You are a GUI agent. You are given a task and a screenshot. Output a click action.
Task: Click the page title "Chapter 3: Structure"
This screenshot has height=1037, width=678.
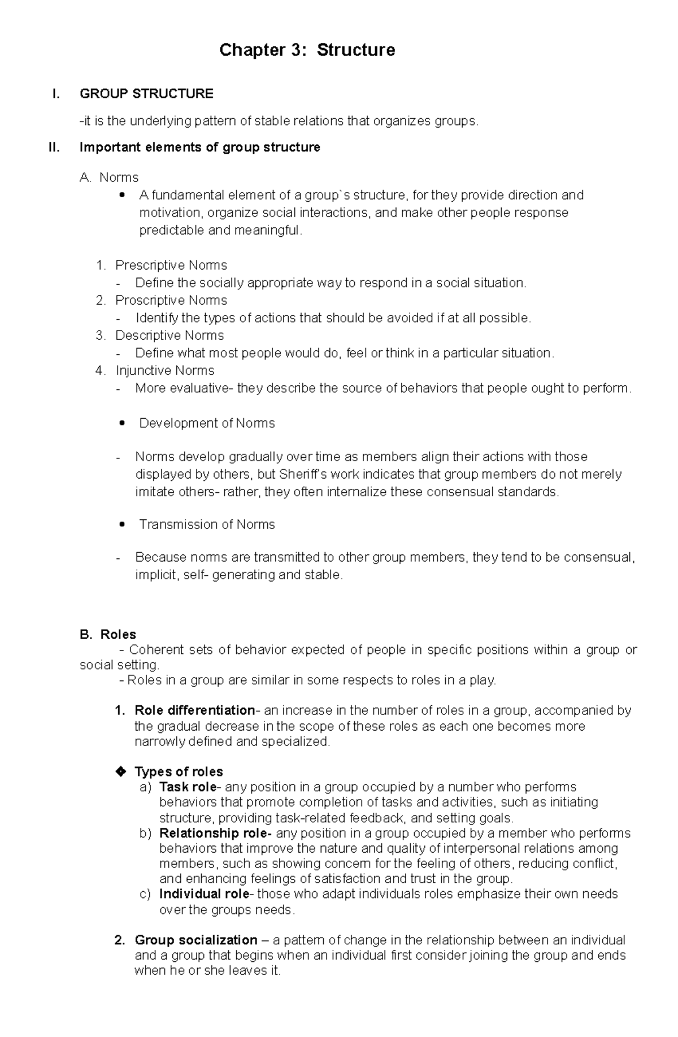point(307,50)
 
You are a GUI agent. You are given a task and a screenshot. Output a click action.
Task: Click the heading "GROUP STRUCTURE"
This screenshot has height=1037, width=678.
point(146,94)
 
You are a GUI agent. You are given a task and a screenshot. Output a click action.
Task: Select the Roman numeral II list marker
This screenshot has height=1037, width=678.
point(54,147)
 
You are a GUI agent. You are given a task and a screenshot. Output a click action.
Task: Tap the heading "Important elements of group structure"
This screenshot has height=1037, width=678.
point(200,147)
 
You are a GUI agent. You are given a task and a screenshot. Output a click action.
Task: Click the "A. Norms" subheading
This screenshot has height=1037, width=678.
point(110,177)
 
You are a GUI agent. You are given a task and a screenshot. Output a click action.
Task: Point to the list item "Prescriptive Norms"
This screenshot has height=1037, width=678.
point(171,265)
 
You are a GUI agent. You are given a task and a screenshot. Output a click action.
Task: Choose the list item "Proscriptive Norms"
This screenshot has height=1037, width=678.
point(171,300)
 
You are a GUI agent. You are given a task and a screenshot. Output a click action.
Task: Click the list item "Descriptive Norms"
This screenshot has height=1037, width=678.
point(169,335)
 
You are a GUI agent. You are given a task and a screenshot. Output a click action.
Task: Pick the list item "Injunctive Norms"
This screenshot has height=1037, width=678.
point(164,370)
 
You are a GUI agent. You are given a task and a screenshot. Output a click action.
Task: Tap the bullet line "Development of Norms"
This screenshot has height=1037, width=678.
point(207,423)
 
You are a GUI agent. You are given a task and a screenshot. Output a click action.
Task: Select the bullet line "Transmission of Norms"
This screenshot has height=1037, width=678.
point(207,524)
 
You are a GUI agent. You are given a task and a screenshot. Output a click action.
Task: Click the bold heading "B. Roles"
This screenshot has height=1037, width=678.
point(108,635)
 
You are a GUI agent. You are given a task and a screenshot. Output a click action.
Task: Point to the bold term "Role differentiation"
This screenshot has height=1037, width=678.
point(195,710)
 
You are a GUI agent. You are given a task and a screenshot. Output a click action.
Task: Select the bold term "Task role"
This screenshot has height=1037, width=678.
point(188,787)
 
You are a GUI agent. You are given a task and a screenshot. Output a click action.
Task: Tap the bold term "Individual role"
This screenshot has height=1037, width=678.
point(204,893)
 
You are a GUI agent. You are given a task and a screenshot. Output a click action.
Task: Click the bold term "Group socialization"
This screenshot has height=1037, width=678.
point(195,940)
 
